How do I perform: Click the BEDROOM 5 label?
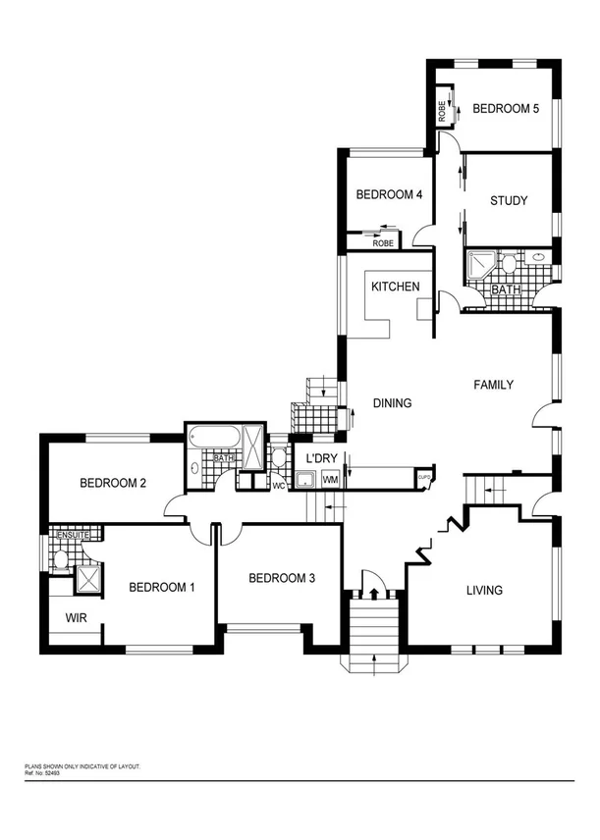[506, 109]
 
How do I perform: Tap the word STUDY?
[509, 201]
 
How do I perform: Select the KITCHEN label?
[395, 287]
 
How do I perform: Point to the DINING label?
[392, 403]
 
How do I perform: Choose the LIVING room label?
[484, 590]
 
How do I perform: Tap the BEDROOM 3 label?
[281, 579]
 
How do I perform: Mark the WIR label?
[78, 618]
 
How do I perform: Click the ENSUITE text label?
[73, 535]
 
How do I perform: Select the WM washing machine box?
[330, 479]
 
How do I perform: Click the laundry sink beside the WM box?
[306, 479]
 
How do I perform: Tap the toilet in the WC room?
[279, 456]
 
